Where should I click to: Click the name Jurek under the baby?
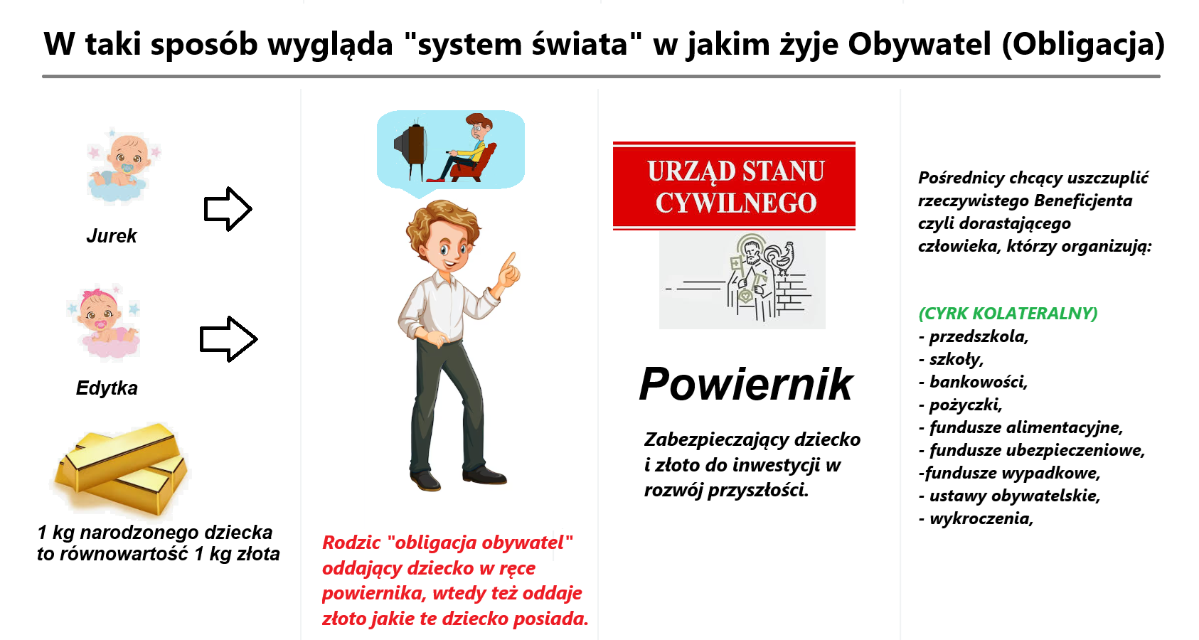pos(112,235)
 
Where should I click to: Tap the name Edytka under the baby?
pos(107,388)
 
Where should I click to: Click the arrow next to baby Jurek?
pos(228,208)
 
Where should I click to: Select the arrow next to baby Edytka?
pos(228,338)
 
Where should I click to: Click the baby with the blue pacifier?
pos(123,165)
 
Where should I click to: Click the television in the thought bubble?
pos(410,148)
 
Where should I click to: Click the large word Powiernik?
pos(745,383)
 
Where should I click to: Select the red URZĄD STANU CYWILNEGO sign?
pos(734,186)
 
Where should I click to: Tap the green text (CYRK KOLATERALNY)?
pos(1008,313)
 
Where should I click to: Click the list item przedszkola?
pos(974,336)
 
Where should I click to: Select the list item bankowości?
pos(973,382)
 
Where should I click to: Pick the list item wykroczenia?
pos(976,518)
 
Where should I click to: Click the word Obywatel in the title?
pos(919,44)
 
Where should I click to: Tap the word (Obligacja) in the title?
pos(1082,44)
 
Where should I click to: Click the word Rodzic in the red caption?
pos(351,543)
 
